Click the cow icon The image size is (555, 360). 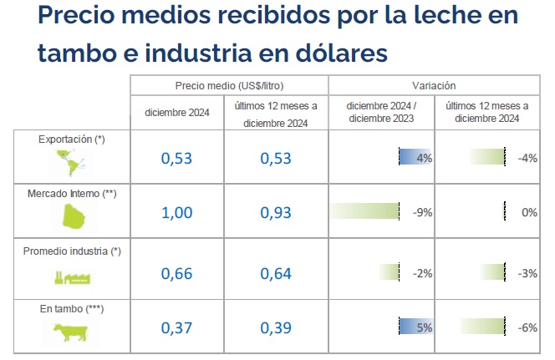coord(71,332)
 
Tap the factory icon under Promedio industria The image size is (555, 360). coord(72,276)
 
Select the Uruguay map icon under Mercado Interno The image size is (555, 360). coord(72,218)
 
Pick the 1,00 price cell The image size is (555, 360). coord(176,212)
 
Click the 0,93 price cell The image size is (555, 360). coord(276,212)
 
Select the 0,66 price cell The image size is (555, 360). coord(176,271)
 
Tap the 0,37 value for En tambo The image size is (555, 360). coord(176,328)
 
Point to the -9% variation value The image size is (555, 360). coord(422,212)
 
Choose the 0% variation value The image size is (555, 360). coord(528,212)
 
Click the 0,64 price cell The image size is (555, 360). coord(276,271)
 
